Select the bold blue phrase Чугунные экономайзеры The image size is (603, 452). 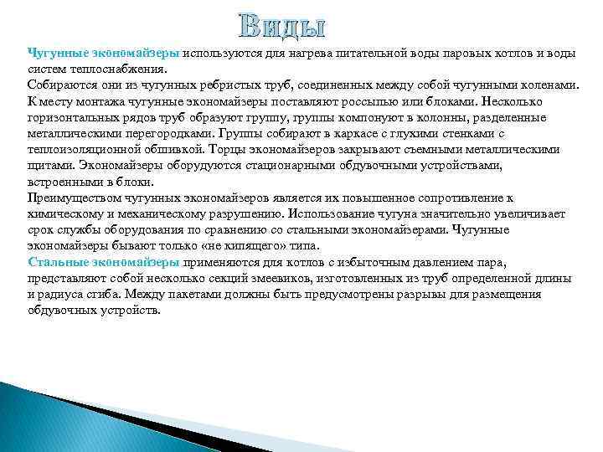(x=104, y=54)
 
